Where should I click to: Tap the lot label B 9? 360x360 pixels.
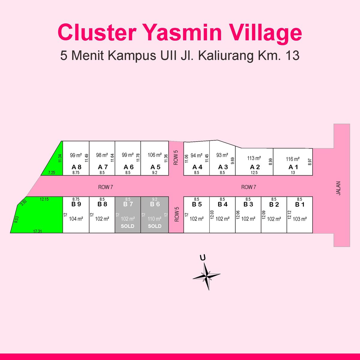(x=76, y=204)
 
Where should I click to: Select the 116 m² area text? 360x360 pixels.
(x=293, y=159)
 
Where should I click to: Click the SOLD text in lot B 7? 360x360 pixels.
(x=127, y=226)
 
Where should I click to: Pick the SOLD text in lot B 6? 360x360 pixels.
(x=155, y=226)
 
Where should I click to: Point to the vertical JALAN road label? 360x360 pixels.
(x=338, y=188)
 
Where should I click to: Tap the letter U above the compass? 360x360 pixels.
(x=203, y=257)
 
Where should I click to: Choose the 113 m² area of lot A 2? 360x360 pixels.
(x=254, y=158)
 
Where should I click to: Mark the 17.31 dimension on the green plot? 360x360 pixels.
(x=37, y=231)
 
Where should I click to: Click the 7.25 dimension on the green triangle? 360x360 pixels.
(x=52, y=172)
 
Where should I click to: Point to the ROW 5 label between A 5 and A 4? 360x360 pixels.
(x=176, y=158)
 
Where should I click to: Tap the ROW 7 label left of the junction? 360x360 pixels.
(x=106, y=187)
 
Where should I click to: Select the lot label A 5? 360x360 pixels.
(x=155, y=167)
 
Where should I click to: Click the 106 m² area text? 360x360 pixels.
(x=155, y=155)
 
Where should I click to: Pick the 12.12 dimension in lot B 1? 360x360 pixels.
(x=289, y=215)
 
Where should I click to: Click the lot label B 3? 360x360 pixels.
(x=248, y=204)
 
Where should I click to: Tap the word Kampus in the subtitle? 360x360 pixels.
(x=132, y=55)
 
